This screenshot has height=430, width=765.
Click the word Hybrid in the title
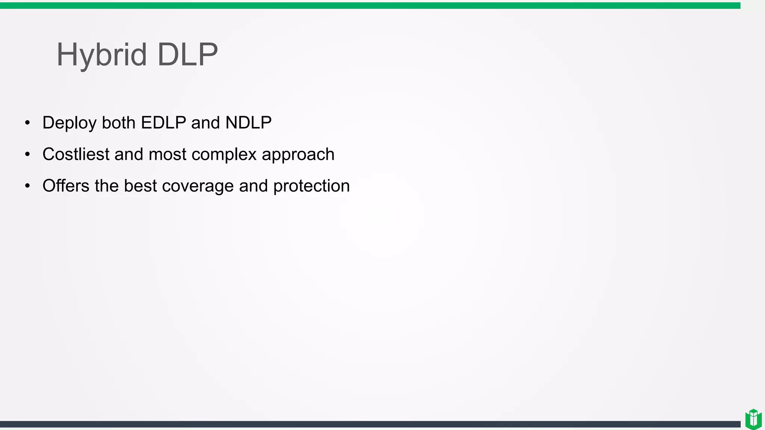tap(101, 55)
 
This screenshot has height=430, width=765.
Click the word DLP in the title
tap(188, 54)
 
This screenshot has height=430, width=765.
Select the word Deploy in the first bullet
tap(69, 123)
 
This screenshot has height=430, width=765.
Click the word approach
tap(298, 155)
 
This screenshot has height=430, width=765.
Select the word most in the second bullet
tap(167, 155)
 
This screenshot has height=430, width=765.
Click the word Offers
tap(66, 186)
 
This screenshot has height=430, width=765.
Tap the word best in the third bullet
tap(140, 186)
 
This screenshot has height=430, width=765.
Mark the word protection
tap(312, 186)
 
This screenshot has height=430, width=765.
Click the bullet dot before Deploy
tap(27, 123)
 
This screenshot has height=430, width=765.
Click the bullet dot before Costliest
tap(27, 154)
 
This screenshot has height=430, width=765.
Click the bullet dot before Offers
tap(27, 186)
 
